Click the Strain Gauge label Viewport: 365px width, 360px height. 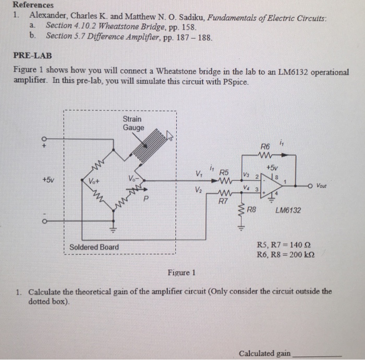coord(132,123)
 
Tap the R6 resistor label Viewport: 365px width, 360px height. coord(266,147)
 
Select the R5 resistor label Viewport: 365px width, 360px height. coord(224,172)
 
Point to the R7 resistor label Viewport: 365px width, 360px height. coord(223,200)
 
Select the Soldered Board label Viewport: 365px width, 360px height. coord(94,247)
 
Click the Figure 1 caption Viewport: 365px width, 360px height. coord(181,272)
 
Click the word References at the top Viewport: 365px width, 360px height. coord(33,5)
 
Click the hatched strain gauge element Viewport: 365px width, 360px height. coord(151,143)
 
